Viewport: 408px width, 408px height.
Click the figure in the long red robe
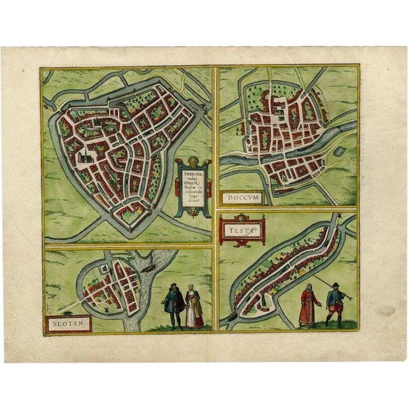pyautogui.click(x=307, y=305)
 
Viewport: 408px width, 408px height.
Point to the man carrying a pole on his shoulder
pyautogui.click(x=333, y=305)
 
